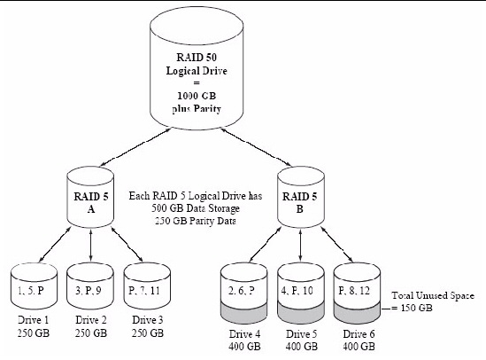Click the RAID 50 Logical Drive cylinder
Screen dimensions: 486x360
(x=197, y=70)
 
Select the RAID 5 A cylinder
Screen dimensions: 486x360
(x=90, y=197)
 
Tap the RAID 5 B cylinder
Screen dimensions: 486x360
(x=301, y=197)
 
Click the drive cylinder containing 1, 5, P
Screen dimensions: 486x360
(x=35, y=286)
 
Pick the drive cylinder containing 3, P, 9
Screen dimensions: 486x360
(x=90, y=286)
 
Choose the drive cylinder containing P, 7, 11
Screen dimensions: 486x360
(x=147, y=286)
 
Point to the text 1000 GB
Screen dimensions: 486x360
(x=197, y=96)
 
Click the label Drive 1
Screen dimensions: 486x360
(x=33, y=319)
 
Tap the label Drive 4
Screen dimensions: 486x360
(x=244, y=334)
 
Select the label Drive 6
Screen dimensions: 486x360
(x=359, y=334)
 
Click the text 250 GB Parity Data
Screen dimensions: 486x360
(x=196, y=221)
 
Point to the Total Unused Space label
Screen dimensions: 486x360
(x=433, y=295)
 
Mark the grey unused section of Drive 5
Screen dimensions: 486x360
(x=301, y=314)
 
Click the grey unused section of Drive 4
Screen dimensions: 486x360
(x=244, y=314)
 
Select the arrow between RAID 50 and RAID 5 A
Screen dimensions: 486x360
(x=135, y=147)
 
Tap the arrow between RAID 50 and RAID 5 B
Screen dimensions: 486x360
(x=256, y=147)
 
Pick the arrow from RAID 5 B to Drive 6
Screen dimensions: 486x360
(x=337, y=245)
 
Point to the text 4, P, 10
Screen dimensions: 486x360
(x=297, y=291)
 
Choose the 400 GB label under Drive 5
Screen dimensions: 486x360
(x=302, y=347)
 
